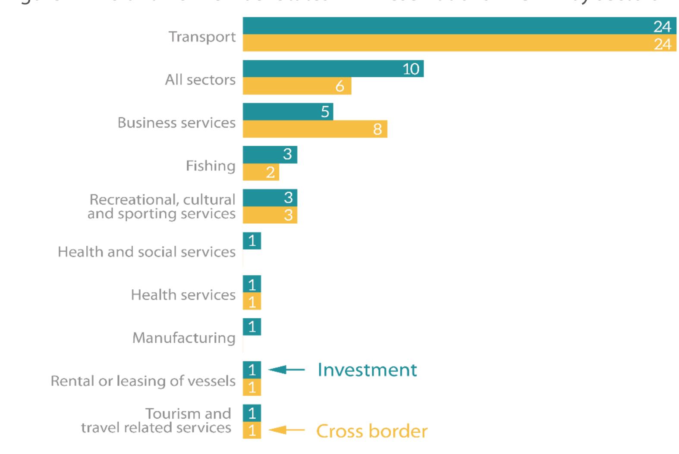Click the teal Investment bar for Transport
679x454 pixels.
click(x=459, y=26)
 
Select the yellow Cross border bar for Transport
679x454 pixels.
click(x=459, y=43)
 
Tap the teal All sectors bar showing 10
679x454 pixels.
click(x=333, y=69)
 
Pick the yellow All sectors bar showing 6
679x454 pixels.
click(x=297, y=86)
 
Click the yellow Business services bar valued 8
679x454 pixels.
click(x=315, y=129)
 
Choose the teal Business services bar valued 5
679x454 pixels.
click(x=288, y=112)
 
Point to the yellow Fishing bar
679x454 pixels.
click(x=261, y=172)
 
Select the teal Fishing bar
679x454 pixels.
click(x=270, y=154)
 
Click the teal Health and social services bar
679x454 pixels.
click(x=252, y=241)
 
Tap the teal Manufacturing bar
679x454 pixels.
click(x=252, y=327)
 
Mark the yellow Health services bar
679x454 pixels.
click(x=252, y=301)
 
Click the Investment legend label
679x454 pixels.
click(x=367, y=370)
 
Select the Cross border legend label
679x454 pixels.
click(x=372, y=431)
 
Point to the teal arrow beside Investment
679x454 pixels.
click(x=286, y=369)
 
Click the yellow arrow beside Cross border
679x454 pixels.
click(x=286, y=430)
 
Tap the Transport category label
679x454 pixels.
click(x=202, y=37)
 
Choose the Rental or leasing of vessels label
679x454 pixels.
click(x=143, y=381)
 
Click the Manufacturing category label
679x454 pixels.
click(x=184, y=338)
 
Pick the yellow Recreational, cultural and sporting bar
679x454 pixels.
click(x=270, y=215)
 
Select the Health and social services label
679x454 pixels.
click(x=147, y=252)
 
